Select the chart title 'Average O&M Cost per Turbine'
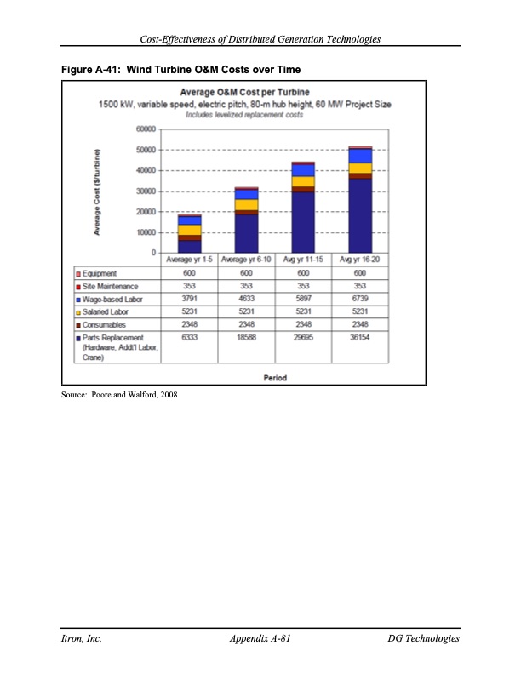pos(243,91)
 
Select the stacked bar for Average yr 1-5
pos(189,234)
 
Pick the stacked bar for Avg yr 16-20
pos(360,200)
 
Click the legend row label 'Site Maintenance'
pos(109,286)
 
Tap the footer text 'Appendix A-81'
pos(261,638)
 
